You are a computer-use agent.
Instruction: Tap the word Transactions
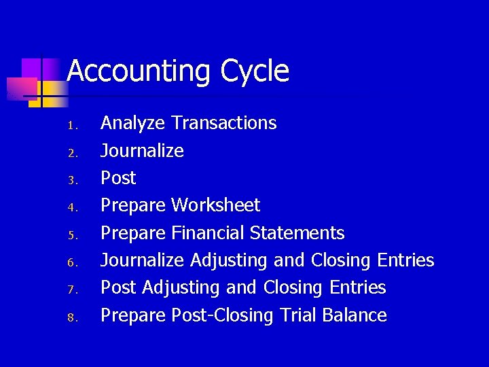pos(224,123)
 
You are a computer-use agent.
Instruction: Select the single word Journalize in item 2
pos(142,150)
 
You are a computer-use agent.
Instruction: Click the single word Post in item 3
pos(118,178)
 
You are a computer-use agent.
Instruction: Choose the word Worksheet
pos(216,205)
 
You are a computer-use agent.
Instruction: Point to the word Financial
pos(208,233)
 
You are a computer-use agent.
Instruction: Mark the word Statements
pos(297,233)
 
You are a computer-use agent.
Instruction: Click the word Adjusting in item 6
pos(229,260)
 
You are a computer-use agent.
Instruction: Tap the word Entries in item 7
pos(357,287)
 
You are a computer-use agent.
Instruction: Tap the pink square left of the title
pos(22,87)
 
